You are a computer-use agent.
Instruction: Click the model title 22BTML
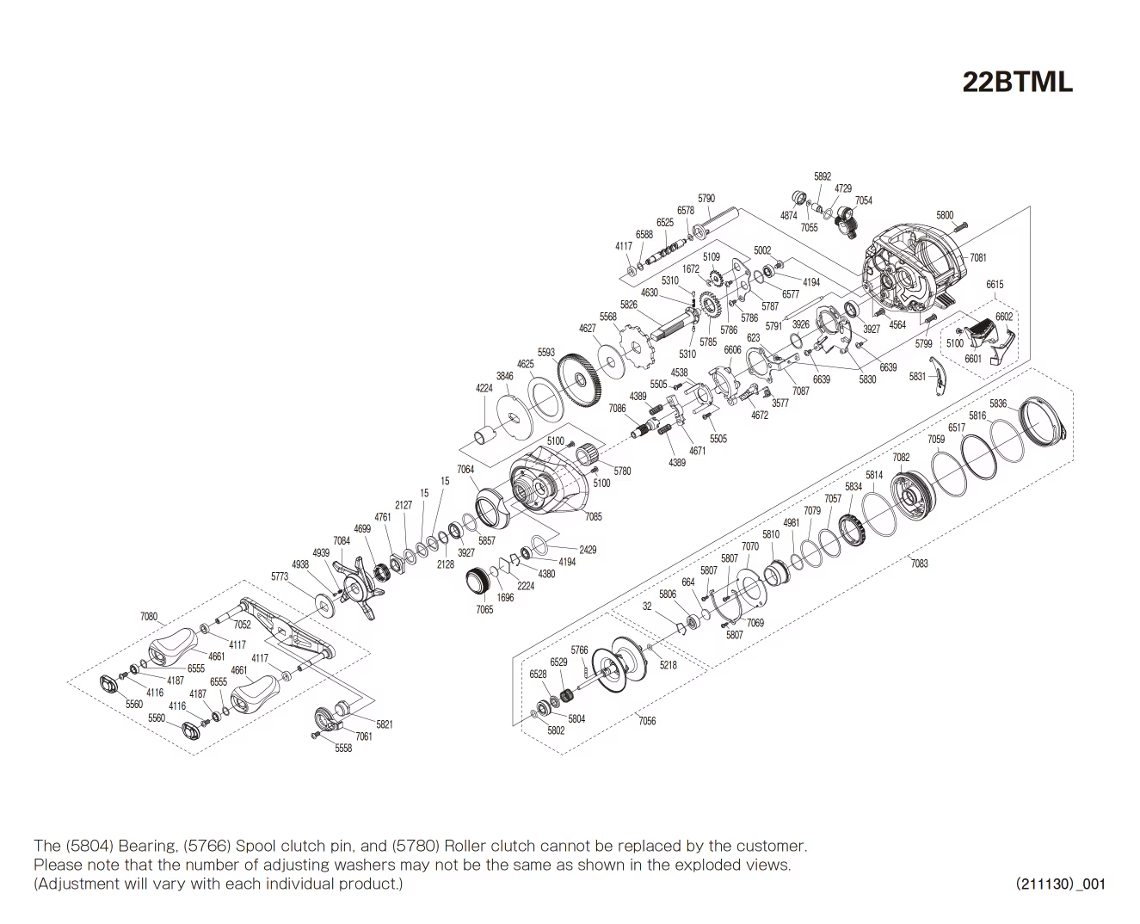1017,82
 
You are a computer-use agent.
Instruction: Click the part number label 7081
977,257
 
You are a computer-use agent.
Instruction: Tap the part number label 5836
997,403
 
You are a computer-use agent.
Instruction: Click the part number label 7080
149,617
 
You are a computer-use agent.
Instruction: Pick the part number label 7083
919,564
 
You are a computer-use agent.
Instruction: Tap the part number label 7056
646,721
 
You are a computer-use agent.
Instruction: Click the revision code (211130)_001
1060,884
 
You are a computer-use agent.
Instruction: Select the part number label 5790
706,199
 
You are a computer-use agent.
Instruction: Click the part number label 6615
995,284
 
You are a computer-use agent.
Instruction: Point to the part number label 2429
588,550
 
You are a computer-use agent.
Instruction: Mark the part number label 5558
343,748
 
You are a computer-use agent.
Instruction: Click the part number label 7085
593,516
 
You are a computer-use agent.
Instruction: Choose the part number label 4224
484,388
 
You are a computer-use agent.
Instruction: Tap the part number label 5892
823,176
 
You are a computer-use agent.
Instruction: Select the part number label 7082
901,458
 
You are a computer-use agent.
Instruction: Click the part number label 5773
280,576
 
